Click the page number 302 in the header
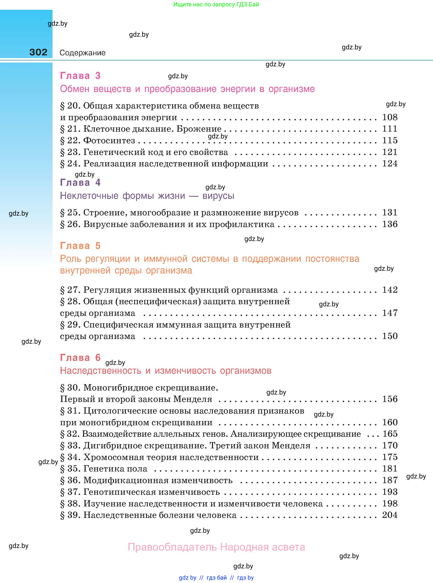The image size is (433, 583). coord(38,52)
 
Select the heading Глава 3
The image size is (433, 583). coord(80,76)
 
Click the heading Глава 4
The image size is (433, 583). coord(80,183)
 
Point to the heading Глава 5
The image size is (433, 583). coord(80,246)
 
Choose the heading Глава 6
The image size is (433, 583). coord(80,358)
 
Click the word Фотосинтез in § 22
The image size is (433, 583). coord(109,141)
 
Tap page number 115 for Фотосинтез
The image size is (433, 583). coord(390,140)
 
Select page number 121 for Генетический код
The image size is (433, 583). coord(390,152)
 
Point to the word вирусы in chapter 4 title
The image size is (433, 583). coord(218,196)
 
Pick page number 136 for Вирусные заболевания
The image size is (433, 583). coord(390,224)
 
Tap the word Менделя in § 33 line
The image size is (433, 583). coord(291,445)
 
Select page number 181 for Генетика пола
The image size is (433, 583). coord(390,469)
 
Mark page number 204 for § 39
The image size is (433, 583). coord(390,515)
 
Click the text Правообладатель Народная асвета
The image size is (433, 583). coord(216,547)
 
